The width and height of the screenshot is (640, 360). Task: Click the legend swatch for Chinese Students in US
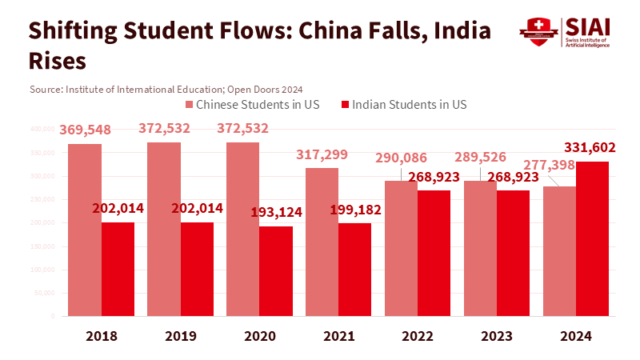[x=189, y=105]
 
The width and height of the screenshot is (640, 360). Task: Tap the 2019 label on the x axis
[x=180, y=337]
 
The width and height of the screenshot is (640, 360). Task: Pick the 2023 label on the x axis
[x=497, y=337]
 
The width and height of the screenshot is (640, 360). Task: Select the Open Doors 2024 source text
[x=267, y=88]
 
